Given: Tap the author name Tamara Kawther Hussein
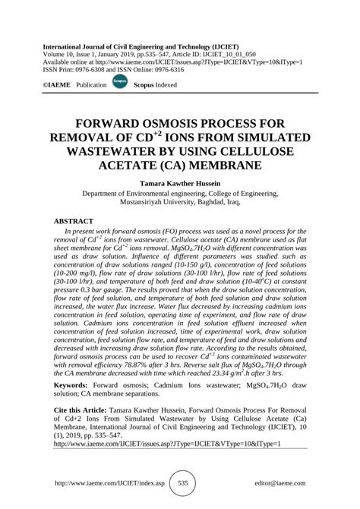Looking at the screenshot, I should coord(180,184).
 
